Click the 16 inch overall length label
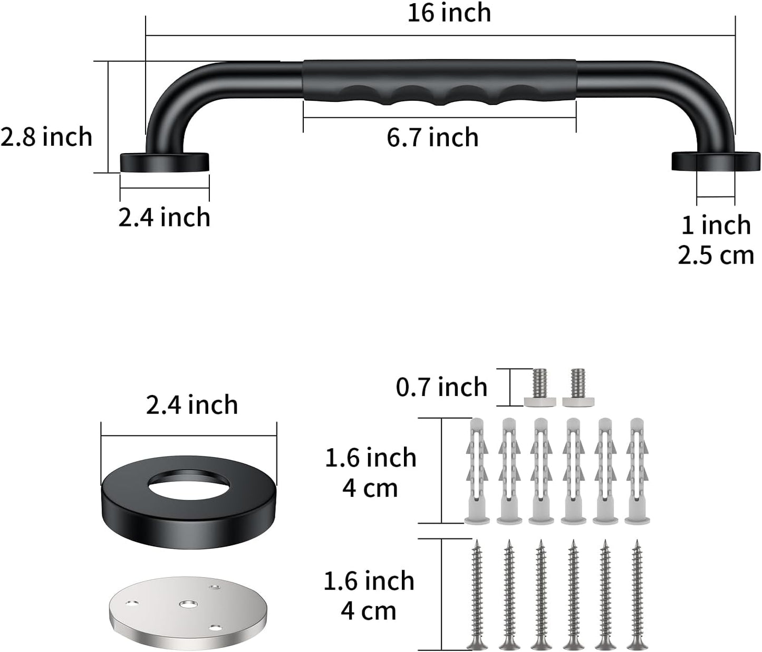(x=449, y=13)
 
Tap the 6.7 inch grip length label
(x=432, y=138)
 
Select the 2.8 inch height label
(x=46, y=137)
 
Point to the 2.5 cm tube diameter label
(x=716, y=256)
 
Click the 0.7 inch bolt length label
(x=441, y=388)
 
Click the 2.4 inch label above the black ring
(x=192, y=405)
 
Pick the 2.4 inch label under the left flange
(x=164, y=218)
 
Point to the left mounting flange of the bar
(x=165, y=162)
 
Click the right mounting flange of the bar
(x=716, y=162)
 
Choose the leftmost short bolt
(x=540, y=389)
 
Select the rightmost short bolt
(x=577, y=389)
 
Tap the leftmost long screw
(x=478, y=594)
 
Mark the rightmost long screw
(x=638, y=594)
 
